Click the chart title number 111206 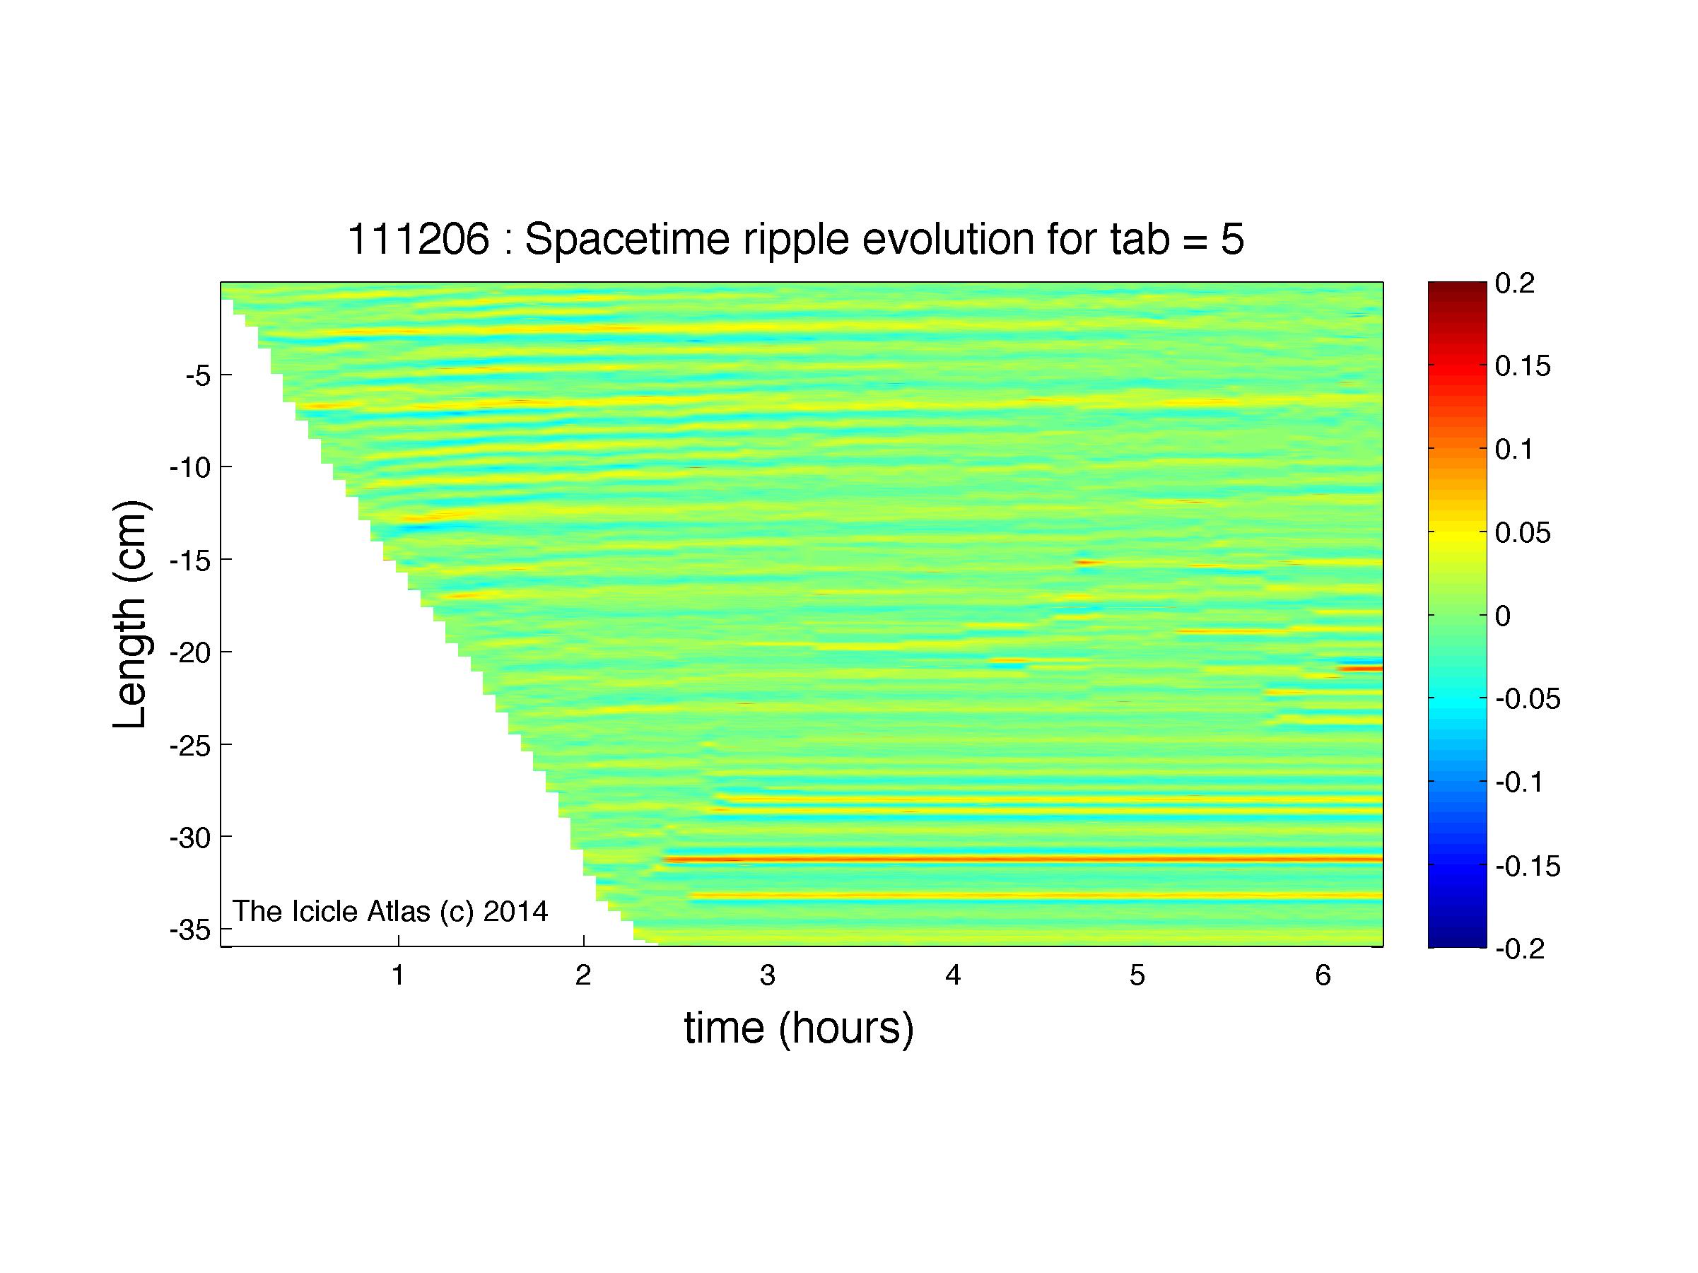coord(418,240)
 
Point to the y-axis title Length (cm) coord(130,615)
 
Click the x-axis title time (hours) coord(799,1029)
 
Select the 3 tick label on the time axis coord(768,975)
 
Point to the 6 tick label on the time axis coord(1323,975)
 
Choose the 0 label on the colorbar coord(1503,616)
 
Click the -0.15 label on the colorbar coord(1528,866)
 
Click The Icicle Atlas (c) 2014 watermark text coord(390,911)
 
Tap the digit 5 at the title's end coord(1231,240)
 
